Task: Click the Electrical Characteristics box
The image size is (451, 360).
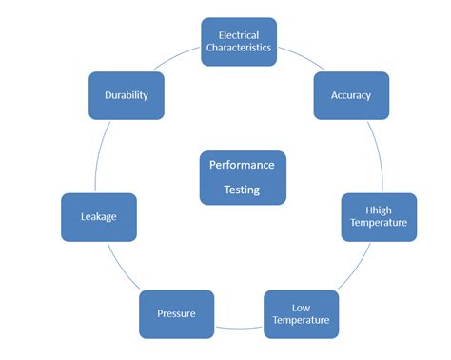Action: pos(239,41)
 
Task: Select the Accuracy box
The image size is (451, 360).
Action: pos(351,95)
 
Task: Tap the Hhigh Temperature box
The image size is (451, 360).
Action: pos(379,216)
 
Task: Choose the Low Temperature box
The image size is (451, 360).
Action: pos(301,313)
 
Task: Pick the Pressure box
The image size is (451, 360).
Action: pos(178,313)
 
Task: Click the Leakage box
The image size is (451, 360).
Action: pos(99,217)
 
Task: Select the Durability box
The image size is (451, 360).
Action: pos(127,95)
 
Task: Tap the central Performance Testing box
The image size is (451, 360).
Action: pos(242,176)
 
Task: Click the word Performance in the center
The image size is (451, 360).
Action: pos(242,165)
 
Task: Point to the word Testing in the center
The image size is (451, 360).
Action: pos(242,190)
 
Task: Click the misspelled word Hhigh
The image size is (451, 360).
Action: pos(379,210)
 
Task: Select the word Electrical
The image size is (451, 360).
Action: pos(239,34)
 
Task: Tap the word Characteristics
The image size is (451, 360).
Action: pos(239,48)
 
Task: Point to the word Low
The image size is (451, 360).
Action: pos(301,307)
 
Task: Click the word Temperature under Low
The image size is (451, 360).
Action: pos(301,320)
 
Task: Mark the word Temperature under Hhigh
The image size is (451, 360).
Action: pos(379,223)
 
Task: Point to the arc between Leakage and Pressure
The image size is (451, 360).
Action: pos(122,270)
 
